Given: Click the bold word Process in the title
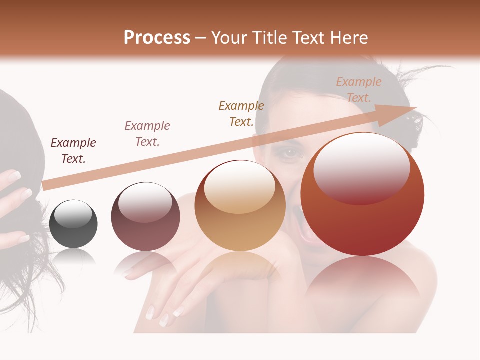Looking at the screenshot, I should coord(157,38).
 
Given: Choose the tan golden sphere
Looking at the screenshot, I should coord(240,205).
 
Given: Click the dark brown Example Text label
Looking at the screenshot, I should coord(73,150).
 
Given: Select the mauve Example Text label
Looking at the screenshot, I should coord(147,133).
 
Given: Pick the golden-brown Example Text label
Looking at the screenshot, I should coord(241,113).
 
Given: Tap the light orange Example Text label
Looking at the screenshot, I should coord(358,89).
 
